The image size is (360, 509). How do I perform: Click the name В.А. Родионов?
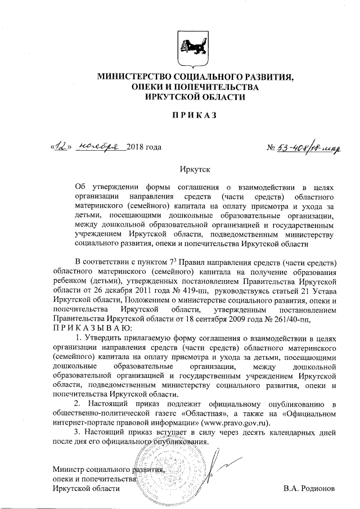click(309, 488)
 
